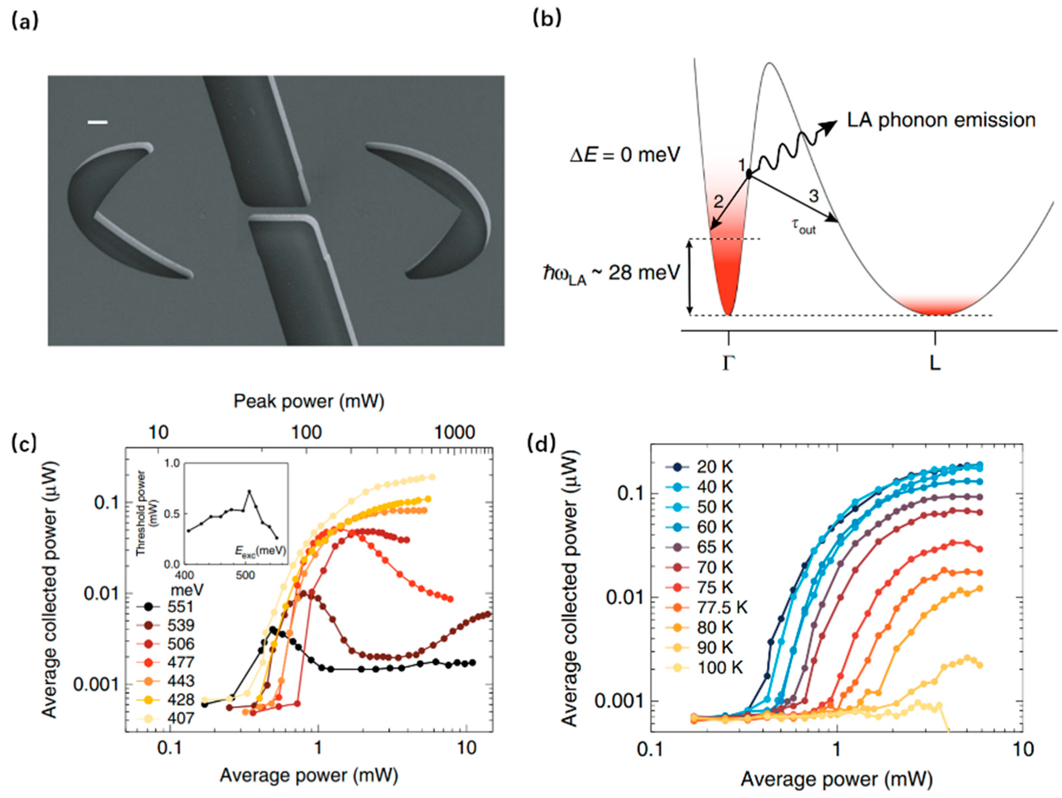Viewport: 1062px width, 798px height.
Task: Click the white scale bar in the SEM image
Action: point(97,122)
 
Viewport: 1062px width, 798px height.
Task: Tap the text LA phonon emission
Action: point(941,120)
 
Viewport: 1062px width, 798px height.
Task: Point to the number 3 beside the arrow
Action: point(813,196)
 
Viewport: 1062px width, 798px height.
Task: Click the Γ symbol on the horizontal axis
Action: point(728,363)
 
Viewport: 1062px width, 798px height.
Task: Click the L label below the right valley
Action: point(935,363)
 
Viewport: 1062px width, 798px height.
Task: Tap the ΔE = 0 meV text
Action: point(625,155)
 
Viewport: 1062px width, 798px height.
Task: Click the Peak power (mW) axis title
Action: point(309,401)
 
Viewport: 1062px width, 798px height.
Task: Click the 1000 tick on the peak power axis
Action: point(454,433)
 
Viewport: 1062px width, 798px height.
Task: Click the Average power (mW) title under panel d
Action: point(836,779)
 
